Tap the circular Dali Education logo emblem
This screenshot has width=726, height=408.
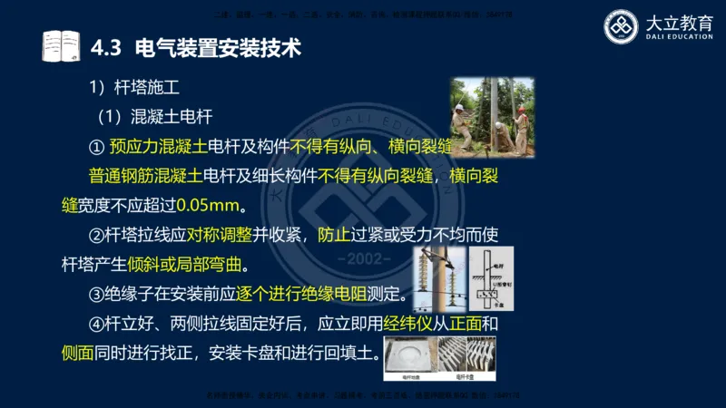click(623, 26)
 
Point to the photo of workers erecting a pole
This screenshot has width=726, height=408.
click(491, 116)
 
